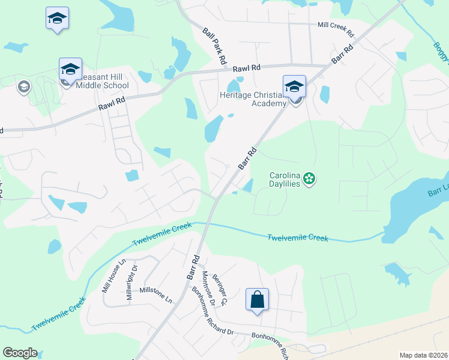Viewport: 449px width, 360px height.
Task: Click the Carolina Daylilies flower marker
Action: point(309,178)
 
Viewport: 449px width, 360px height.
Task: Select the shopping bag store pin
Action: point(257,300)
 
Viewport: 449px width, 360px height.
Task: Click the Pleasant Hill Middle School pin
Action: point(70,69)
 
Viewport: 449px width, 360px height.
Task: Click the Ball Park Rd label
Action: point(214,46)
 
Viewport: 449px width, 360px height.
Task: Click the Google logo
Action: point(20,353)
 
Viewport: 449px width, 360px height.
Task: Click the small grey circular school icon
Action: point(24,87)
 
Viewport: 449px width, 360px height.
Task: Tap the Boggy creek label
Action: point(442,50)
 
